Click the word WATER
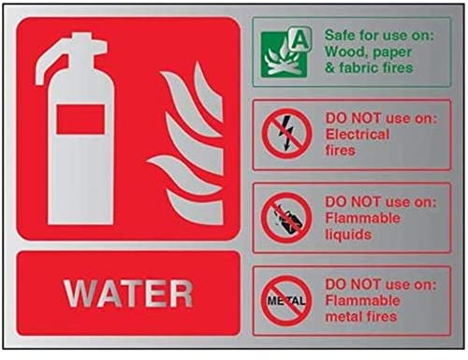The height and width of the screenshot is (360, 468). tap(128, 294)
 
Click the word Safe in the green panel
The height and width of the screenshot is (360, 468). tap(340, 36)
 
